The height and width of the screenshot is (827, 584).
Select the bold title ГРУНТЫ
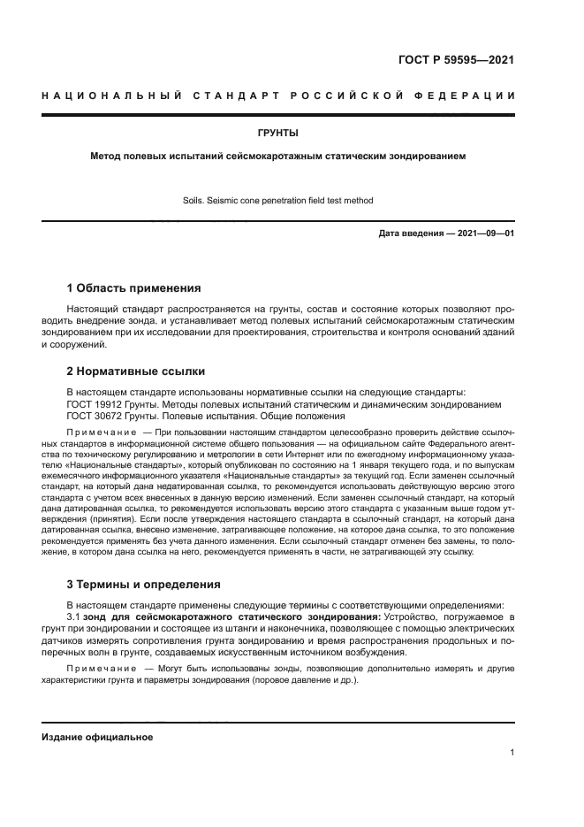[277, 134]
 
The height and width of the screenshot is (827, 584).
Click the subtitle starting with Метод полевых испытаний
[277, 156]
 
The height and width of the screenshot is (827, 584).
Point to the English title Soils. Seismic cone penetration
[277, 201]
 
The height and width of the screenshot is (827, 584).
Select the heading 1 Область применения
[134, 287]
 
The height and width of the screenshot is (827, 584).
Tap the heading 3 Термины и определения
[144, 584]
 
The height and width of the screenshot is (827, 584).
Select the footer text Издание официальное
[97, 737]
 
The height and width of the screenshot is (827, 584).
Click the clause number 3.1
[74, 615]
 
